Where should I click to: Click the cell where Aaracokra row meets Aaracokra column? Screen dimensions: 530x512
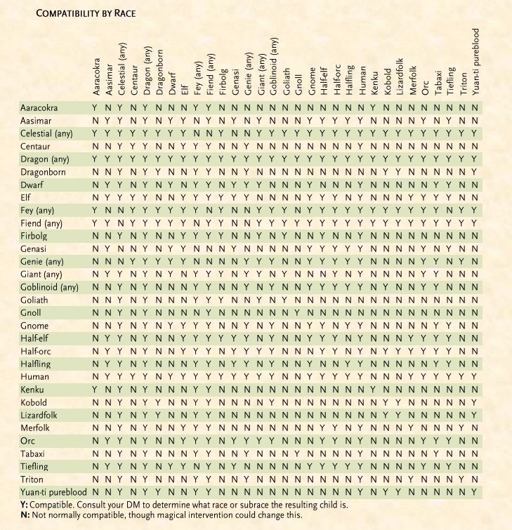tap(95, 108)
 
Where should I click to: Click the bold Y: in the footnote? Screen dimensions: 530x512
tap(25, 503)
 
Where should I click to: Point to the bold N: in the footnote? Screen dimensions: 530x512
tap(25, 515)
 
